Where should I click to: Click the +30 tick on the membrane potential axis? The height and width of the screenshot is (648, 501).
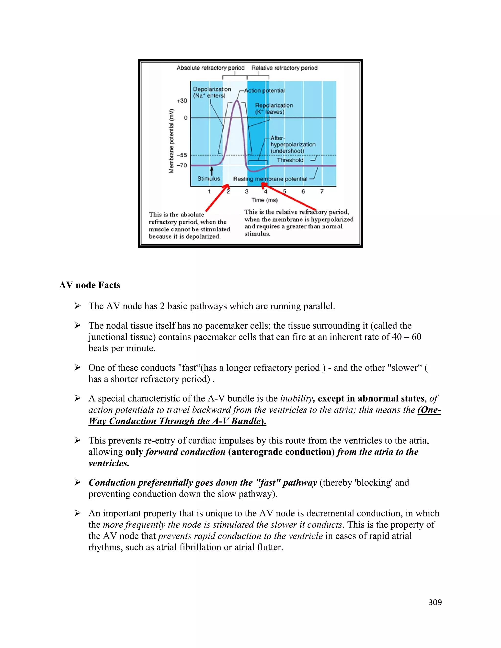pos(182,101)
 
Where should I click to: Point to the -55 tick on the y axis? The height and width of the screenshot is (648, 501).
pos(182,155)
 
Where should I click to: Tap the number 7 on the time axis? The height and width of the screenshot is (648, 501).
pos(322,192)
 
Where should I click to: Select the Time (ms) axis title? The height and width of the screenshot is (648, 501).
pos(264,200)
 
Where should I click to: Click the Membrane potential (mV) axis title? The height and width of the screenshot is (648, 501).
pos(171,141)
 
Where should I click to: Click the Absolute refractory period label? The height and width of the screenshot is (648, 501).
pos(210,68)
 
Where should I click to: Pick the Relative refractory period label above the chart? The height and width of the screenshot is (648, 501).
pos(284,68)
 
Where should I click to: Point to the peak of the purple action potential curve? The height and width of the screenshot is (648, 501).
pos(237,101)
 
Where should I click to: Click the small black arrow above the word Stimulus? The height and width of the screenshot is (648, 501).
pos(212,171)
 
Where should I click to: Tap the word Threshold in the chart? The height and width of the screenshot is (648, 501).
pos(290,160)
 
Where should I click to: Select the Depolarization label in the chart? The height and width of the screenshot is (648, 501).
pos(212,89)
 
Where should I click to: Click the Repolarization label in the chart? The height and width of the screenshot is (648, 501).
pos(274,105)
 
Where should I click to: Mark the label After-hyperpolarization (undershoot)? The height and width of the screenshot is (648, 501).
pos(292,145)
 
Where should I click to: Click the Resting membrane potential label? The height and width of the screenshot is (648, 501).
pos(270,179)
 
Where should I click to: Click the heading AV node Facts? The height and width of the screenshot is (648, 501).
pos(90,285)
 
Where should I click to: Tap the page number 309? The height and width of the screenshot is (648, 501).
pos(435,602)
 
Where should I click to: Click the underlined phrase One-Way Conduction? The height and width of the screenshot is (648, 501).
pos(429,410)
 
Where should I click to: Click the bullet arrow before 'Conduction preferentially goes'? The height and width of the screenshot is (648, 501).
pos(78,482)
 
